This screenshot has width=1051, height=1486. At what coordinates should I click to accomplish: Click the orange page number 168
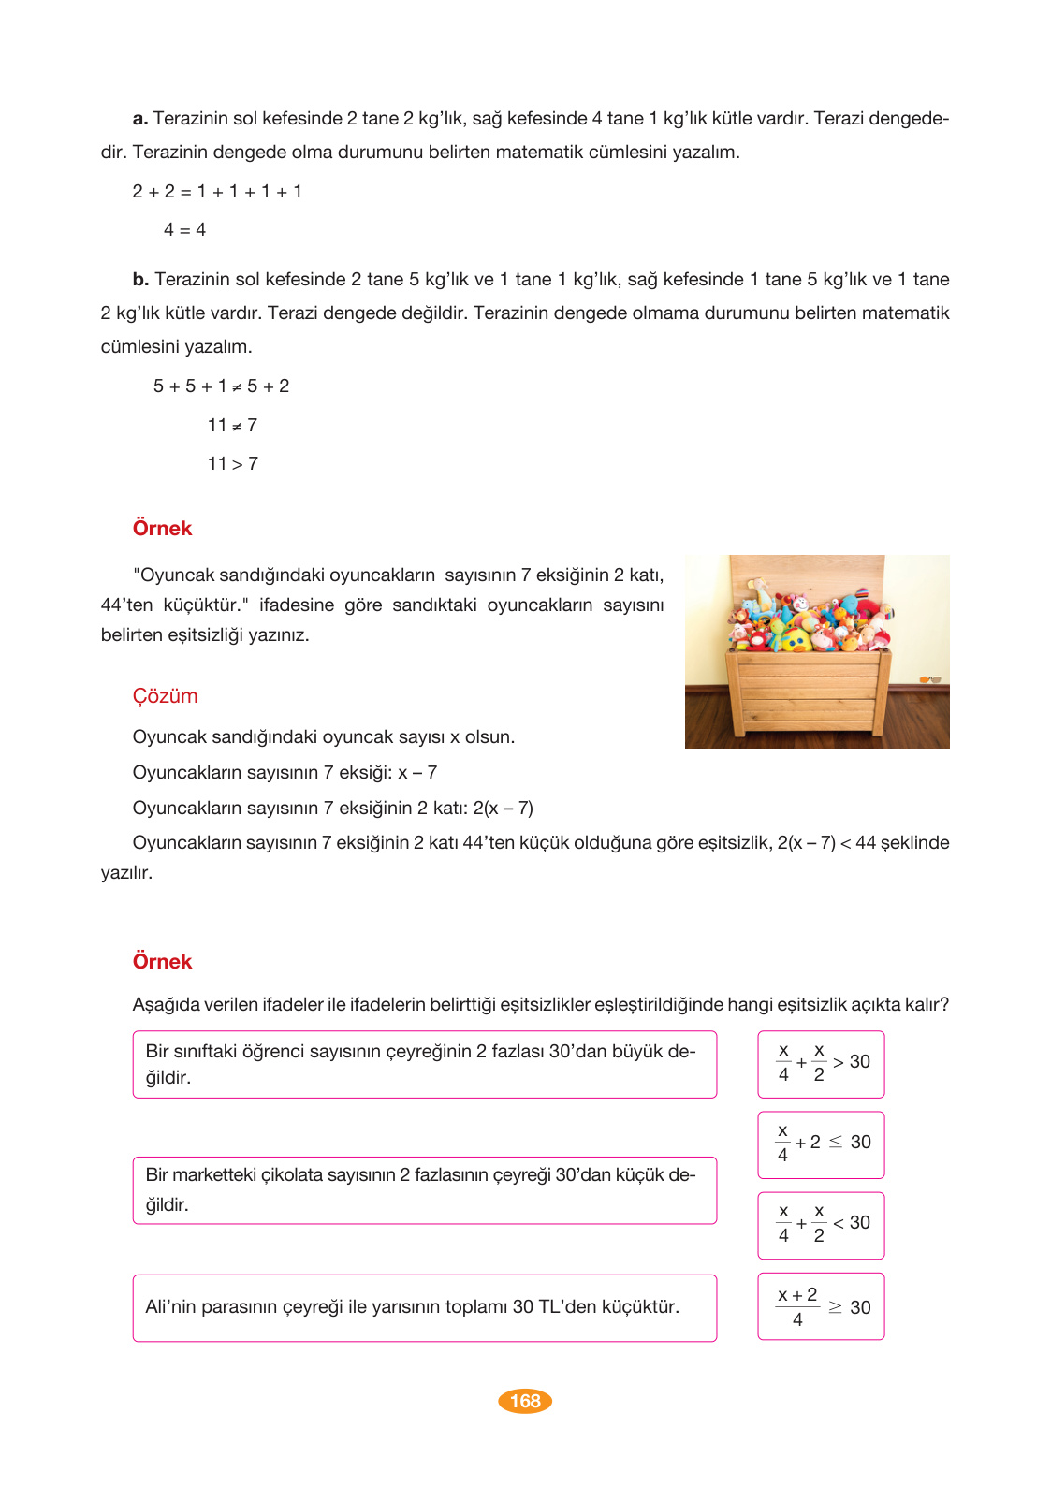pyautogui.click(x=525, y=1401)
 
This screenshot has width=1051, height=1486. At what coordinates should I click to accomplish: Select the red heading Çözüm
pyautogui.click(x=165, y=696)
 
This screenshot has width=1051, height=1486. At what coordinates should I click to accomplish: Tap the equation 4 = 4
pyautogui.click(x=184, y=230)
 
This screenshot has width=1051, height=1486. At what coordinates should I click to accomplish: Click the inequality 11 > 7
pyautogui.click(x=232, y=464)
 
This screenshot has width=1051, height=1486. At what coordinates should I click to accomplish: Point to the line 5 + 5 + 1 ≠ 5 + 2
pyautogui.click(x=221, y=386)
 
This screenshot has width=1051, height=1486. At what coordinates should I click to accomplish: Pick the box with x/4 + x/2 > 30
pyautogui.click(x=821, y=1064)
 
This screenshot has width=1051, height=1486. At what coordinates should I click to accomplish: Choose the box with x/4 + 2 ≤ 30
pyautogui.click(x=821, y=1144)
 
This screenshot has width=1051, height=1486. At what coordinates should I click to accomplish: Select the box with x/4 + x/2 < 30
pyautogui.click(x=821, y=1225)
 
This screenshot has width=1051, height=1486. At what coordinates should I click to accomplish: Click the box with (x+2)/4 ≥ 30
pyautogui.click(x=821, y=1306)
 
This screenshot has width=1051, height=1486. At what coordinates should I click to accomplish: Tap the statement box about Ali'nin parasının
pyautogui.click(x=424, y=1307)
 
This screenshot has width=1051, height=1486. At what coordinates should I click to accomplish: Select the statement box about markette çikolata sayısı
pyautogui.click(x=424, y=1190)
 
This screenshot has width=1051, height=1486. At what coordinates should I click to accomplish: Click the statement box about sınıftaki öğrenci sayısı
pyautogui.click(x=424, y=1064)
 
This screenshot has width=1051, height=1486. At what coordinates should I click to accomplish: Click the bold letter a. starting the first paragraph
pyautogui.click(x=140, y=119)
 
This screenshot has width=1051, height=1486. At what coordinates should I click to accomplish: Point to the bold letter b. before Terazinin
pyautogui.click(x=140, y=280)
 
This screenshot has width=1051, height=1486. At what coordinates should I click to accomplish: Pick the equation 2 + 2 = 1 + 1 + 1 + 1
pyautogui.click(x=217, y=192)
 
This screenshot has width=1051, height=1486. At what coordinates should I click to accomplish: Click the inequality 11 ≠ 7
pyautogui.click(x=232, y=426)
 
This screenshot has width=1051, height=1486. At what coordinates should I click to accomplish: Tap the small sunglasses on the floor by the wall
pyautogui.click(x=929, y=679)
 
